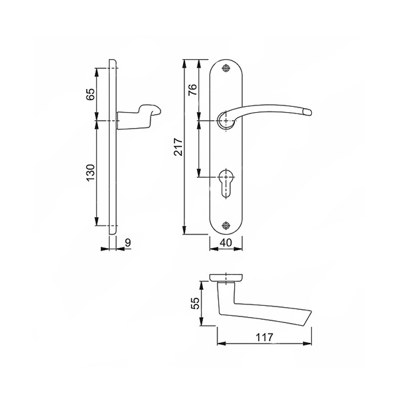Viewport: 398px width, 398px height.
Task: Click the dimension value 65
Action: (91, 94)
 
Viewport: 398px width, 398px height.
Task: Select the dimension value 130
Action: (91, 172)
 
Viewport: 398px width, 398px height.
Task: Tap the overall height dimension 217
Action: (178, 147)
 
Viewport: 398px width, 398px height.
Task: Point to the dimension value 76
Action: (192, 90)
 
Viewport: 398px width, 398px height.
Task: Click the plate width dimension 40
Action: (226, 243)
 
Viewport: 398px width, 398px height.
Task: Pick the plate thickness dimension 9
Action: (128, 243)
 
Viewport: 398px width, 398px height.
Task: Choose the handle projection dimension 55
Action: (195, 303)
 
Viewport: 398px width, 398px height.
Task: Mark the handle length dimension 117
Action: (264, 338)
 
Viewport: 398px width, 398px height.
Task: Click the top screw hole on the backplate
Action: (226, 68)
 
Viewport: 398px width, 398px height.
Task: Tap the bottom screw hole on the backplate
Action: (226, 225)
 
